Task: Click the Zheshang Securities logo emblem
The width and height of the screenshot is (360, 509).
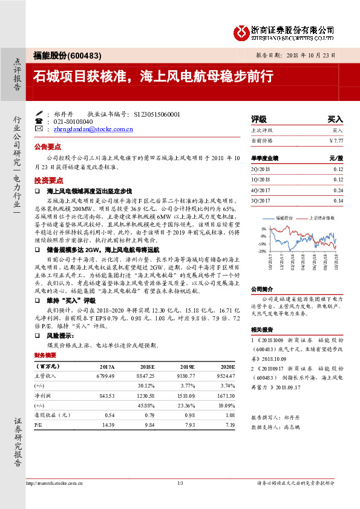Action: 242,30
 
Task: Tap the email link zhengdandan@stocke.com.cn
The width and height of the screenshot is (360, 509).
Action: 93,129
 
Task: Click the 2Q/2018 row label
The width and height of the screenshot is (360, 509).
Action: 260,169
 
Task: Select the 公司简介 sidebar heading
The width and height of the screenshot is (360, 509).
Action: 261,289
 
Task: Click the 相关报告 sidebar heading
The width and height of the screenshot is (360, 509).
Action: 261,330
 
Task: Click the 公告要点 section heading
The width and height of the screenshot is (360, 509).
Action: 48,147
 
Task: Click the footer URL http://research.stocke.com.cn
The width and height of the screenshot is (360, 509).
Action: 56,484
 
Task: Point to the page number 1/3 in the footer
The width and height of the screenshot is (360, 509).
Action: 180,484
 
